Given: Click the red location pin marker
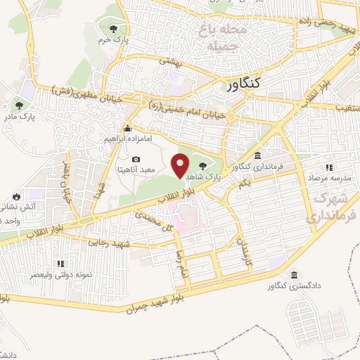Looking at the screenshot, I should click(x=181, y=165).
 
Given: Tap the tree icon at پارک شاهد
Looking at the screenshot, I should click(x=202, y=165).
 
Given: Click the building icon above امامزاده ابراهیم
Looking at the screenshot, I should click(x=127, y=129).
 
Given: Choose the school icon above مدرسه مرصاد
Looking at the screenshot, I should click(x=328, y=167).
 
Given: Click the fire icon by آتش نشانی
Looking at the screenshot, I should click(x=15, y=196).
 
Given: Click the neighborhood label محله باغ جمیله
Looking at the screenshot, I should click(x=225, y=39).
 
